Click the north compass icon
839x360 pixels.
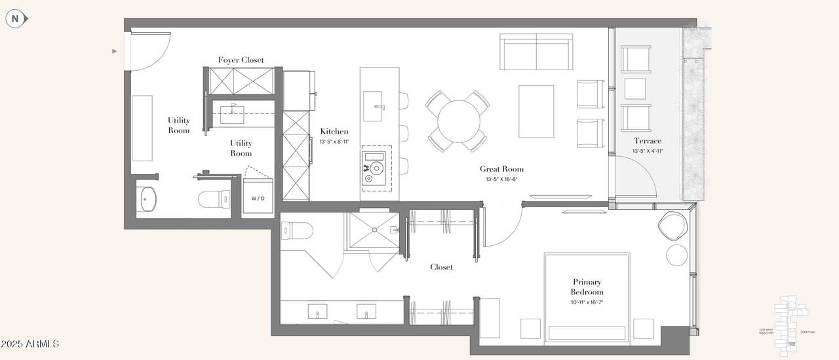coord(15,19)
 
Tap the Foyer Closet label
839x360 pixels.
coord(241,60)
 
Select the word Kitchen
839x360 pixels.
coord(334,132)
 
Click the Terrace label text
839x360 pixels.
coord(647,141)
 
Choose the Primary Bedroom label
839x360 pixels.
coord(587,287)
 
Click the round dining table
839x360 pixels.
coord(459,121)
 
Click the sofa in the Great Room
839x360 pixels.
coord(535,52)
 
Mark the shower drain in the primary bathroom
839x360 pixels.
coord(374,230)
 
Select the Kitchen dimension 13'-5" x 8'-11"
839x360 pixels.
coord(334,142)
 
